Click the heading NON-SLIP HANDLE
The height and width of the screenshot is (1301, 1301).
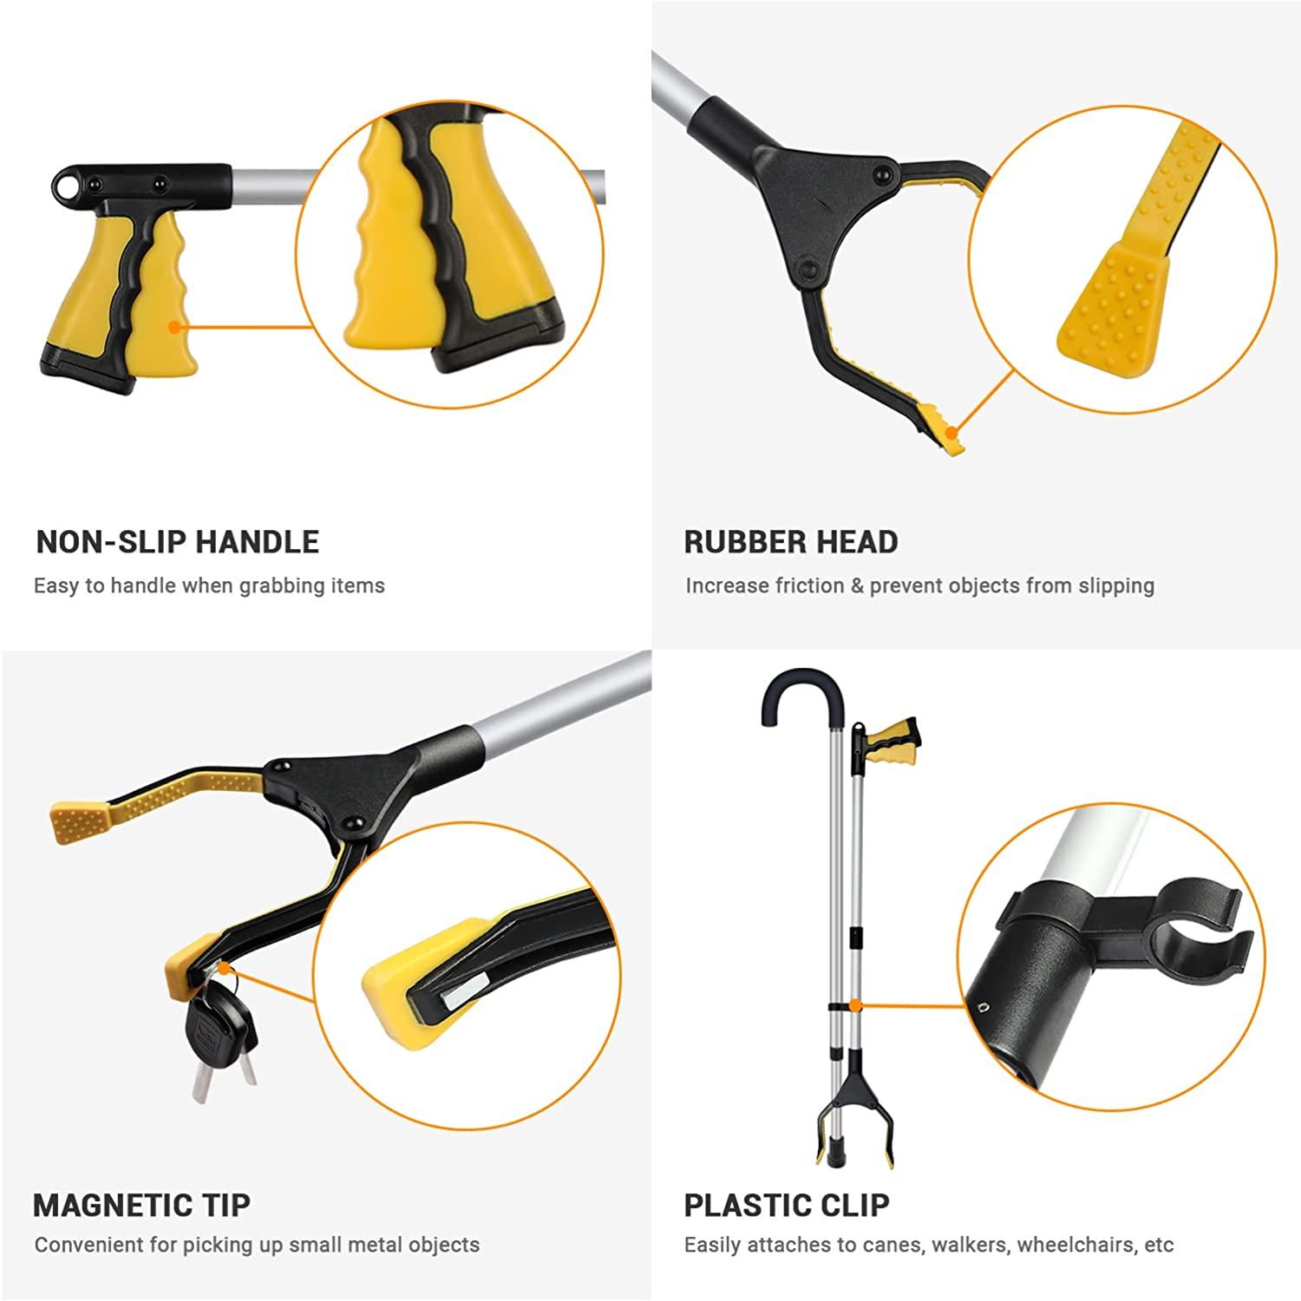click(x=177, y=542)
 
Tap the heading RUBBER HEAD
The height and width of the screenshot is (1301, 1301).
click(x=790, y=542)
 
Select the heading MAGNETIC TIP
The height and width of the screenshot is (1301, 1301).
click(x=141, y=1205)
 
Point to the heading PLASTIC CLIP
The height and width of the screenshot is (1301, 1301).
click(x=786, y=1205)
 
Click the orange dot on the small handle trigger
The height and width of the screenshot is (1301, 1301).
click(x=174, y=328)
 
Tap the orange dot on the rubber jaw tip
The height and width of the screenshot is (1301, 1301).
click(x=951, y=432)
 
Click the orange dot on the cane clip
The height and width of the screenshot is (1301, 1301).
click(x=854, y=1005)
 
